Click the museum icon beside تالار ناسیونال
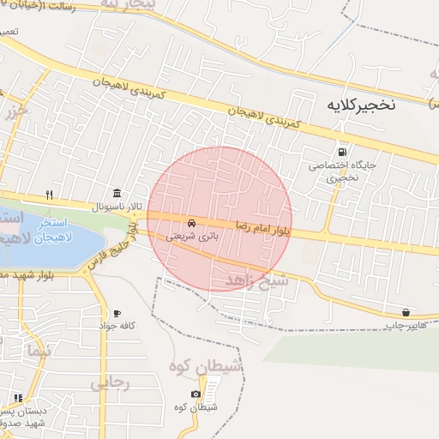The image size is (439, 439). [117, 192]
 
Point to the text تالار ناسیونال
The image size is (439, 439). [109, 207]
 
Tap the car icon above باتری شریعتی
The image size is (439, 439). [190, 222]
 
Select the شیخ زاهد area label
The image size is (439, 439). [249, 281]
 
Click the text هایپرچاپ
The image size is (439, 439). [404, 326]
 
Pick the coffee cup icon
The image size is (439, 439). [117, 313]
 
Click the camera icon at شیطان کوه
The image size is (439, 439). [195, 394]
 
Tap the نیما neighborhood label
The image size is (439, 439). [34, 352]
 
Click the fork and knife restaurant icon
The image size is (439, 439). [49, 194]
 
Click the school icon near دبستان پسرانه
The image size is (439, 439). [18, 398]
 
